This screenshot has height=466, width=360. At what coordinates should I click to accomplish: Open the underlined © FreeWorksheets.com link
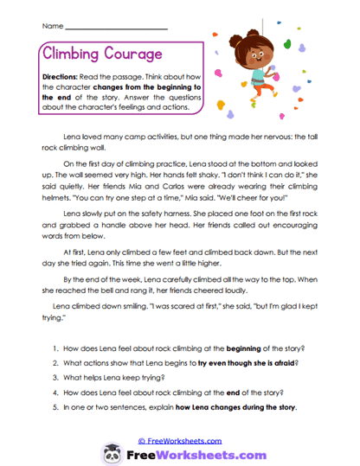(179, 439)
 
